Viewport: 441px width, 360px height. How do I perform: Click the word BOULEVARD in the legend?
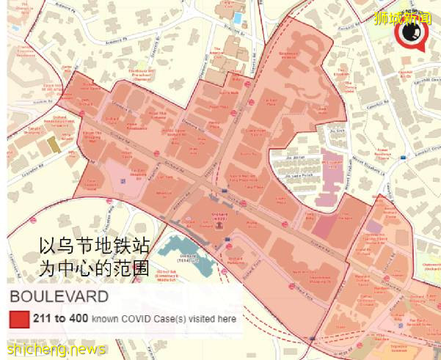59,297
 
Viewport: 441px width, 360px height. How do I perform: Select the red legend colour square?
19,320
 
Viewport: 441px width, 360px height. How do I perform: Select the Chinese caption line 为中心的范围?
94,268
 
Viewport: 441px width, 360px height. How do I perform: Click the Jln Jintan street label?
296,156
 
